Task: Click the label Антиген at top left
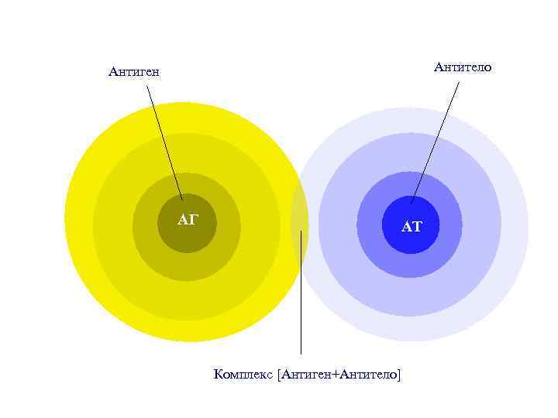click(134, 72)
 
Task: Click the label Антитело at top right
click(463, 67)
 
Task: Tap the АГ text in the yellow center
click(188, 221)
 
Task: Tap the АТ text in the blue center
click(412, 227)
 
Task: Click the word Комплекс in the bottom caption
click(243, 375)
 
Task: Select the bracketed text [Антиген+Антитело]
click(339, 375)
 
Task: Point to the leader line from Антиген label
click(164, 139)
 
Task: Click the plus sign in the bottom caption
click(335, 375)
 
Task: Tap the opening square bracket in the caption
click(279, 375)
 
